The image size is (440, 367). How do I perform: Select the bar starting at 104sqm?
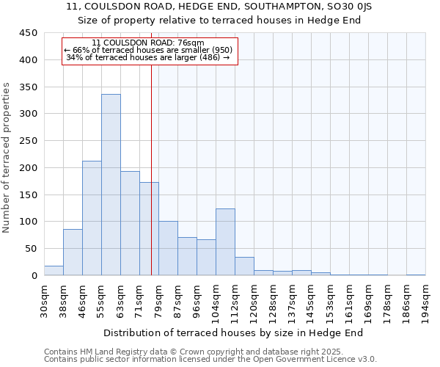point(225,242)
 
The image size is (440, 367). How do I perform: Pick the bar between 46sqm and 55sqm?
point(92,218)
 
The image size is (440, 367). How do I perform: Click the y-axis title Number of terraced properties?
point(7,158)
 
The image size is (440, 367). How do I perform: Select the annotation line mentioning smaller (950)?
point(148,50)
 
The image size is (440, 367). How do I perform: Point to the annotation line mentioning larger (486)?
point(148,57)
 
